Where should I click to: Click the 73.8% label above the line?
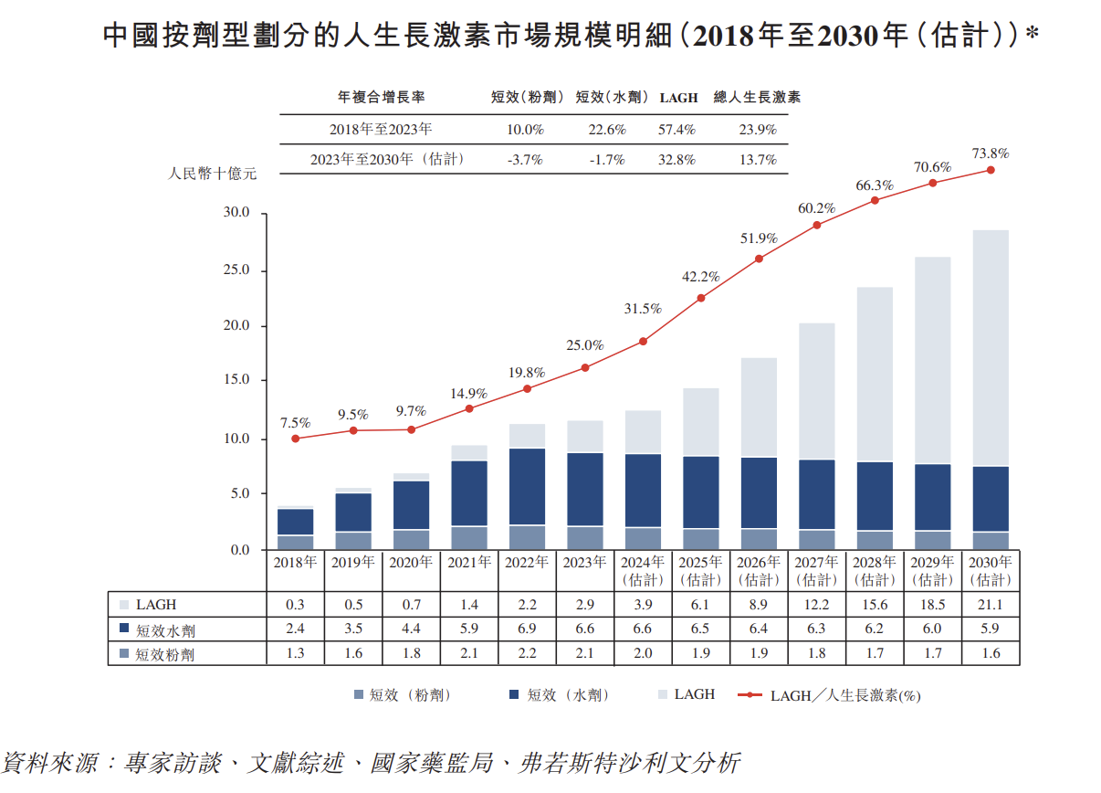991,153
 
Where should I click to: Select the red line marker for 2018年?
296,439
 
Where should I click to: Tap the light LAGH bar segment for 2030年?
991,347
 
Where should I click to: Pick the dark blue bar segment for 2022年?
527,486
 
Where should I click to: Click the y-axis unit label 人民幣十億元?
213,174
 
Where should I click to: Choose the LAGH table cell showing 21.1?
991,605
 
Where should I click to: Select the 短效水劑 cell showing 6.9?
527,629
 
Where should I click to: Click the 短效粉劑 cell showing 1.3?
296,653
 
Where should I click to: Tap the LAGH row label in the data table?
156,605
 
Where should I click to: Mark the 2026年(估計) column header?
759,571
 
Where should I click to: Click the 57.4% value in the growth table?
676,130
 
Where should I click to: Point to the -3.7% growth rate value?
525,160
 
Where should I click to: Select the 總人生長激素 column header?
757,97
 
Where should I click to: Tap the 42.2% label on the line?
701,277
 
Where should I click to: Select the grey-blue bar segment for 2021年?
469,538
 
